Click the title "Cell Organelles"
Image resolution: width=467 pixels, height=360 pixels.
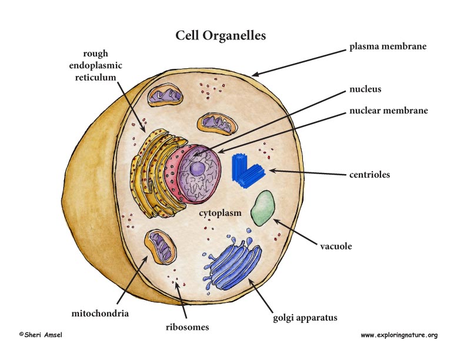[x=221, y=36]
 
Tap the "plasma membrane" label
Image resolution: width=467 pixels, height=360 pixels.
[x=388, y=46]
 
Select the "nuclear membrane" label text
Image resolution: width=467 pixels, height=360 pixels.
[x=389, y=111]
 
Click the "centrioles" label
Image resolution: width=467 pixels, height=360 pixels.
[x=369, y=174]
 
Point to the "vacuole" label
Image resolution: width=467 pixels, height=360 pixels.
[x=336, y=246]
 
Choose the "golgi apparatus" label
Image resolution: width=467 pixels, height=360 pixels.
[x=305, y=318]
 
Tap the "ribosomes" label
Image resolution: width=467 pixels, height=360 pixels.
[x=188, y=327]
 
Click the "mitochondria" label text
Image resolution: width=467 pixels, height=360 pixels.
[x=100, y=314]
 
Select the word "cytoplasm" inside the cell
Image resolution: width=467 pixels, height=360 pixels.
[x=220, y=213]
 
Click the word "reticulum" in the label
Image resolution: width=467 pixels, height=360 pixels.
[x=95, y=78]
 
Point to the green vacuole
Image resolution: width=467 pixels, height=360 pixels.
[x=263, y=208]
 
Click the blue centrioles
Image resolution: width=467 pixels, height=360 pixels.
[x=248, y=171]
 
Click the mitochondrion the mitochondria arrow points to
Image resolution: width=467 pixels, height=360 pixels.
[x=160, y=246]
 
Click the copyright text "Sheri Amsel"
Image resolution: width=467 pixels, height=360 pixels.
[x=41, y=335]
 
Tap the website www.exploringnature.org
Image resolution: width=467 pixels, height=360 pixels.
[x=399, y=335]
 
